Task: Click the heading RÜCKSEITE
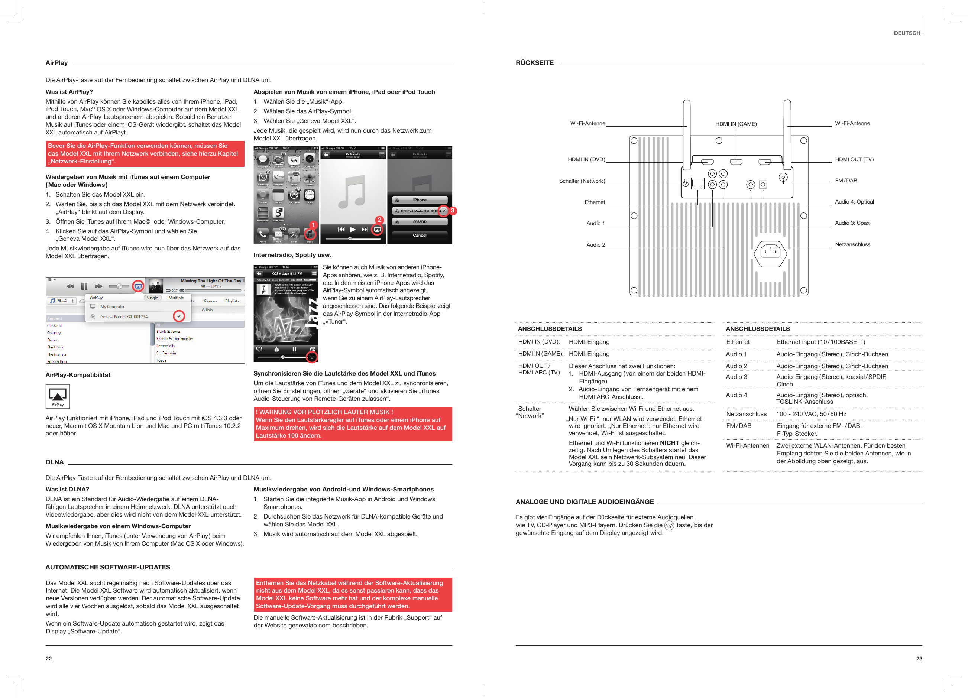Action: point(534,63)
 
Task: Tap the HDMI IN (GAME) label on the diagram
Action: point(736,124)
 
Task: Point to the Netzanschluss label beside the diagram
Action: point(852,244)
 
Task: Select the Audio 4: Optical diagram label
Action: point(854,202)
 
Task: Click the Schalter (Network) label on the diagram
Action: point(582,181)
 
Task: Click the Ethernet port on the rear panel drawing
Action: point(697,184)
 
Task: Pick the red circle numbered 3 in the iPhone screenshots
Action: point(453,210)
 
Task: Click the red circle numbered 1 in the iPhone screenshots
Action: point(313,225)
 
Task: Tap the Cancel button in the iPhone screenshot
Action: point(419,235)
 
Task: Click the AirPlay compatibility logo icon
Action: point(58,396)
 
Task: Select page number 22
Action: point(49,658)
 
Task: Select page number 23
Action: point(919,658)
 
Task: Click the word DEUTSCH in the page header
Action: point(907,33)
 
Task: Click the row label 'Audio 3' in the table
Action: point(736,377)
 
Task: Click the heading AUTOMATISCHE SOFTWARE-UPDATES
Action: point(107,567)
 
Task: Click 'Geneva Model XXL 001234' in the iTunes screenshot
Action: point(124,316)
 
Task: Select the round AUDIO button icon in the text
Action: point(669,525)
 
